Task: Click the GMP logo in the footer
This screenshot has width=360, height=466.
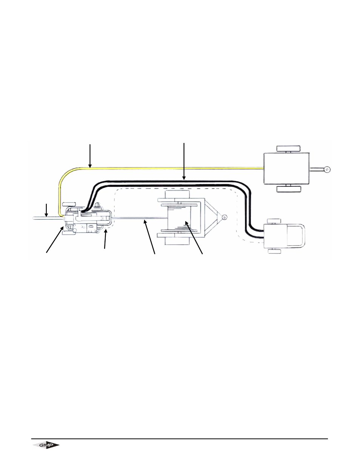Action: (45, 446)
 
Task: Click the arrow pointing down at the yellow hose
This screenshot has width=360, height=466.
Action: (90, 155)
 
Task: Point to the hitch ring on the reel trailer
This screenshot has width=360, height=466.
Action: (224, 217)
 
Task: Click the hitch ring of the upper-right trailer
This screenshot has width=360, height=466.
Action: (326, 169)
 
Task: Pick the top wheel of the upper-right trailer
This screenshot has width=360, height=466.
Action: (288, 148)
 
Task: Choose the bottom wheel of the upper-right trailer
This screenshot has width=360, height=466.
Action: (288, 189)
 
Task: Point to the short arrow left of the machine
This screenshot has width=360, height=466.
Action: (46, 210)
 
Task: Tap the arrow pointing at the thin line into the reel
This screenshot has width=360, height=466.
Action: (150, 238)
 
